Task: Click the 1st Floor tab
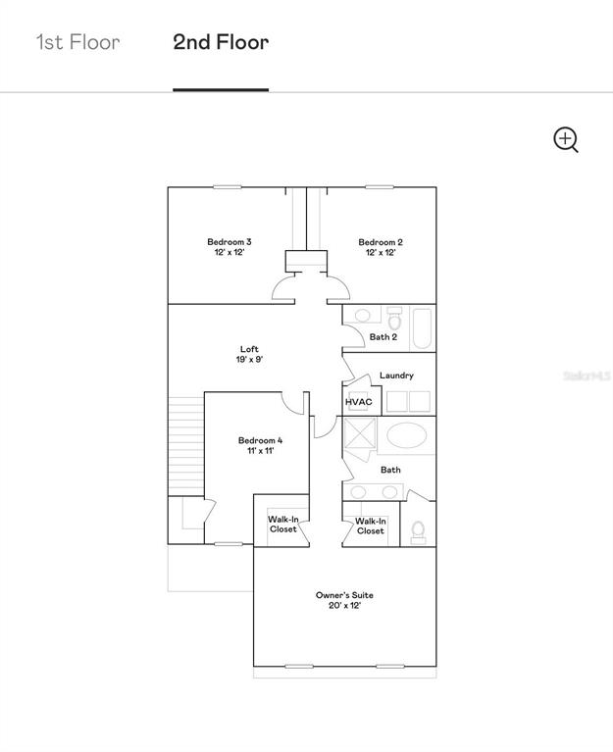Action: pos(78,42)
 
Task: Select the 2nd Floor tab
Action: pos(221,42)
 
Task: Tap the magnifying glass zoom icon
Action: pos(566,140)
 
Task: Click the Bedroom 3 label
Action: pos(230,247)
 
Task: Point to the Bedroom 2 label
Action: pos(381,247)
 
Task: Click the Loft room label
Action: pos(249,354)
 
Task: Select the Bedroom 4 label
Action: pos(261,445)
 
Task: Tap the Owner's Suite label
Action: pos(344,600)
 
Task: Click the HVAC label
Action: pos(359,402)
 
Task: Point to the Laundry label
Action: pos(396,376)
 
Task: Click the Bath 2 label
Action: pos(383,337)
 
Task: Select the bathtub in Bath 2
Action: pos(422,328)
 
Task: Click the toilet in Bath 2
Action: pos(394,319)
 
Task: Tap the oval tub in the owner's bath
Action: pos(407,435)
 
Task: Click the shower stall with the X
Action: pos(360,433)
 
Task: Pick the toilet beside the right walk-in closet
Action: pos(418,532)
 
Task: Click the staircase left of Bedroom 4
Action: pos(186,446)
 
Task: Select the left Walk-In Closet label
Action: pos(283,525)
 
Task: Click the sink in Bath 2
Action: pos(362,316)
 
